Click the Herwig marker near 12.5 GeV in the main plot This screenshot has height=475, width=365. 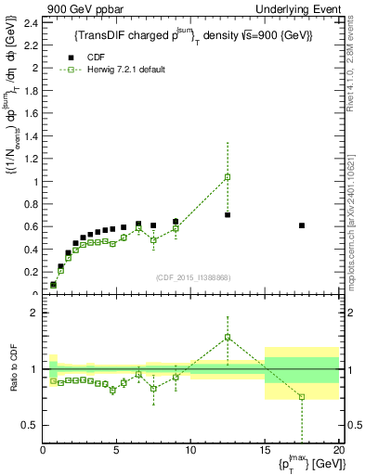[228, 176]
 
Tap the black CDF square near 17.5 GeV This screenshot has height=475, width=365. [302, 225]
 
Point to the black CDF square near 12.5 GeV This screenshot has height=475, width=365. [228, 215]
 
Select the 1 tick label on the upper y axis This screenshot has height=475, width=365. [34, 182]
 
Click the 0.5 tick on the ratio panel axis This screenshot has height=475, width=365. [29, 426]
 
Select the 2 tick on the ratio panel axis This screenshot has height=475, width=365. [34, 313]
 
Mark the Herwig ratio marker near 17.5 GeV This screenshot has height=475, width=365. [302, 397]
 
